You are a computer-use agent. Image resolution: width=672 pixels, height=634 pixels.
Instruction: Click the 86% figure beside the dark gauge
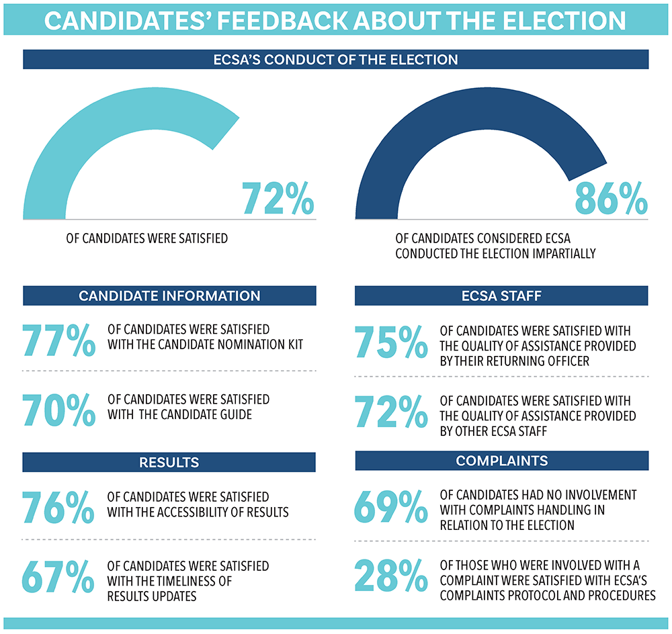pyautogui.click(x=611, y=197)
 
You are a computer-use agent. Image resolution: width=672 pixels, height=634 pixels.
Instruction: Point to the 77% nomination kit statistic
pyautogui.click(x=58, y=341)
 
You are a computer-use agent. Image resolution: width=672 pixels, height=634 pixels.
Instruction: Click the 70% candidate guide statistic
pyautogui.click(x=58, y=410)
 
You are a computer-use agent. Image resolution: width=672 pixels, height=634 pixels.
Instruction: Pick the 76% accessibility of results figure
pyautogui.click(x=58, y=508)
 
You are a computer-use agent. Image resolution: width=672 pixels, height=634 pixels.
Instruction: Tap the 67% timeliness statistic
pyautogui.click(x=58, y=576)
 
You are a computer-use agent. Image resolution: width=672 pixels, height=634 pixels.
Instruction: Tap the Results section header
pyautogui.click(x=169, y=462)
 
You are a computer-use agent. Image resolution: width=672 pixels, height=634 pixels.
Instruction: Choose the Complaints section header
pyautogui.click(x=501, y=461)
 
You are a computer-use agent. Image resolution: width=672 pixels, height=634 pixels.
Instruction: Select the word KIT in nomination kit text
pyautogui.click(x=294, y=345)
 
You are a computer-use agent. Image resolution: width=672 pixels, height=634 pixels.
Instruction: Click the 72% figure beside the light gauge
pyautogui.click(x=278, y=197)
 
